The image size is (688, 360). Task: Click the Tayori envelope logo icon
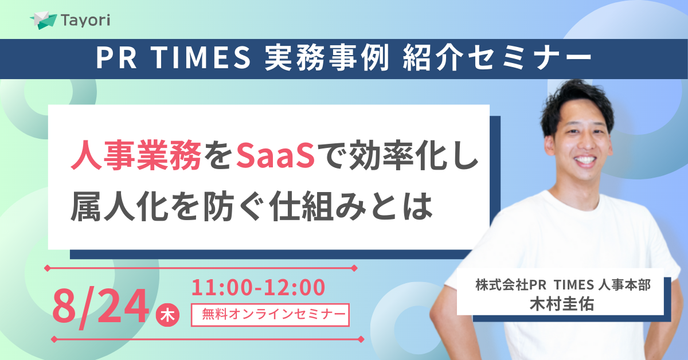tap(44, 20)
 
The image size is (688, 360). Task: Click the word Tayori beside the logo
tap(85, 21)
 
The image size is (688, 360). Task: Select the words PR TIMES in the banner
tap(174, 57)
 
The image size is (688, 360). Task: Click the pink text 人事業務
tap(136, 155)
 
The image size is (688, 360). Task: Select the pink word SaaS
tap(275, 155)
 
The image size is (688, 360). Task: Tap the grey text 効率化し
tap(414, 155)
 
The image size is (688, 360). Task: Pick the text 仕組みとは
tap(351, 206)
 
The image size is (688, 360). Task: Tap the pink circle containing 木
tap(167, 315)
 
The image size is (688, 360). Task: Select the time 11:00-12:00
tap(258, 288)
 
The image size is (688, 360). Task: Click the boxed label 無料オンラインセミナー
tap(270, 315)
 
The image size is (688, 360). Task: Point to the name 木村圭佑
tap(562, 304)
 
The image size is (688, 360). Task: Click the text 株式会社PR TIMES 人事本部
tap(563, 285)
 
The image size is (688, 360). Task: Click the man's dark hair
tap(576, 104)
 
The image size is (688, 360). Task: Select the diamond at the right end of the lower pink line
tap(361, 339)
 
